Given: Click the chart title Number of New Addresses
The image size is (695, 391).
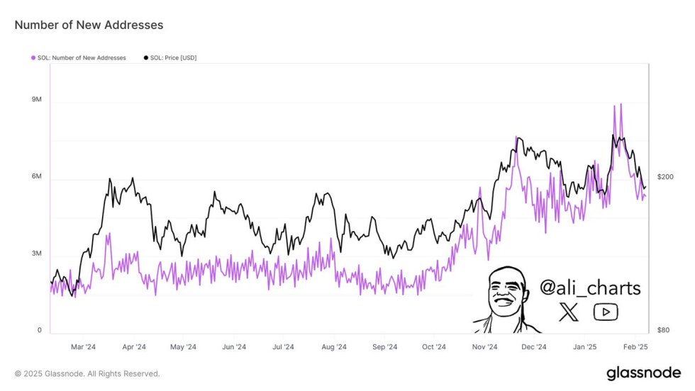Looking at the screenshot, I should [x=89, y=25].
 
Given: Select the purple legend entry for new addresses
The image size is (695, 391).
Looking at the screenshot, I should [x=78, y=57].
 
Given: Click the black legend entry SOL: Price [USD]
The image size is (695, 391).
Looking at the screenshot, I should [x=170, y=57].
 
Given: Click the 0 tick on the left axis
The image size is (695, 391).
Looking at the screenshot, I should [x=40, y=331].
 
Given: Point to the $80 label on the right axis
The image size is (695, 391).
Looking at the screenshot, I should [x=663, y=331].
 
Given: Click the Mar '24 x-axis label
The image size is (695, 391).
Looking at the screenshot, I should [x=83, y=347].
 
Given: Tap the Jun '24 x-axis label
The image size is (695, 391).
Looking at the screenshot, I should [x=233, y=347].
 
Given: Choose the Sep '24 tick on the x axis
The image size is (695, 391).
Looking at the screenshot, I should [x=384, y=347].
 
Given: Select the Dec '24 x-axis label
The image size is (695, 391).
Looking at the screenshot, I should [x=533, y=347].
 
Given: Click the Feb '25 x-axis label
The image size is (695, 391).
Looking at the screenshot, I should [x=636, y=347].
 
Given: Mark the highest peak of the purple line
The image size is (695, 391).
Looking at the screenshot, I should [x=621, y=104].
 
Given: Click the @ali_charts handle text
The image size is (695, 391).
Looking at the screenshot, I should [x=590, y=288].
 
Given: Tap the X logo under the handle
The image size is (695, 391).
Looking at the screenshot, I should [x=569, y=312].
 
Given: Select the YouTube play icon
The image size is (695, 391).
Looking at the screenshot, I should [x=606, y=312].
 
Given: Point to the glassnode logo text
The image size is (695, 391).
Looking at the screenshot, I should [x=644, y=373].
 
